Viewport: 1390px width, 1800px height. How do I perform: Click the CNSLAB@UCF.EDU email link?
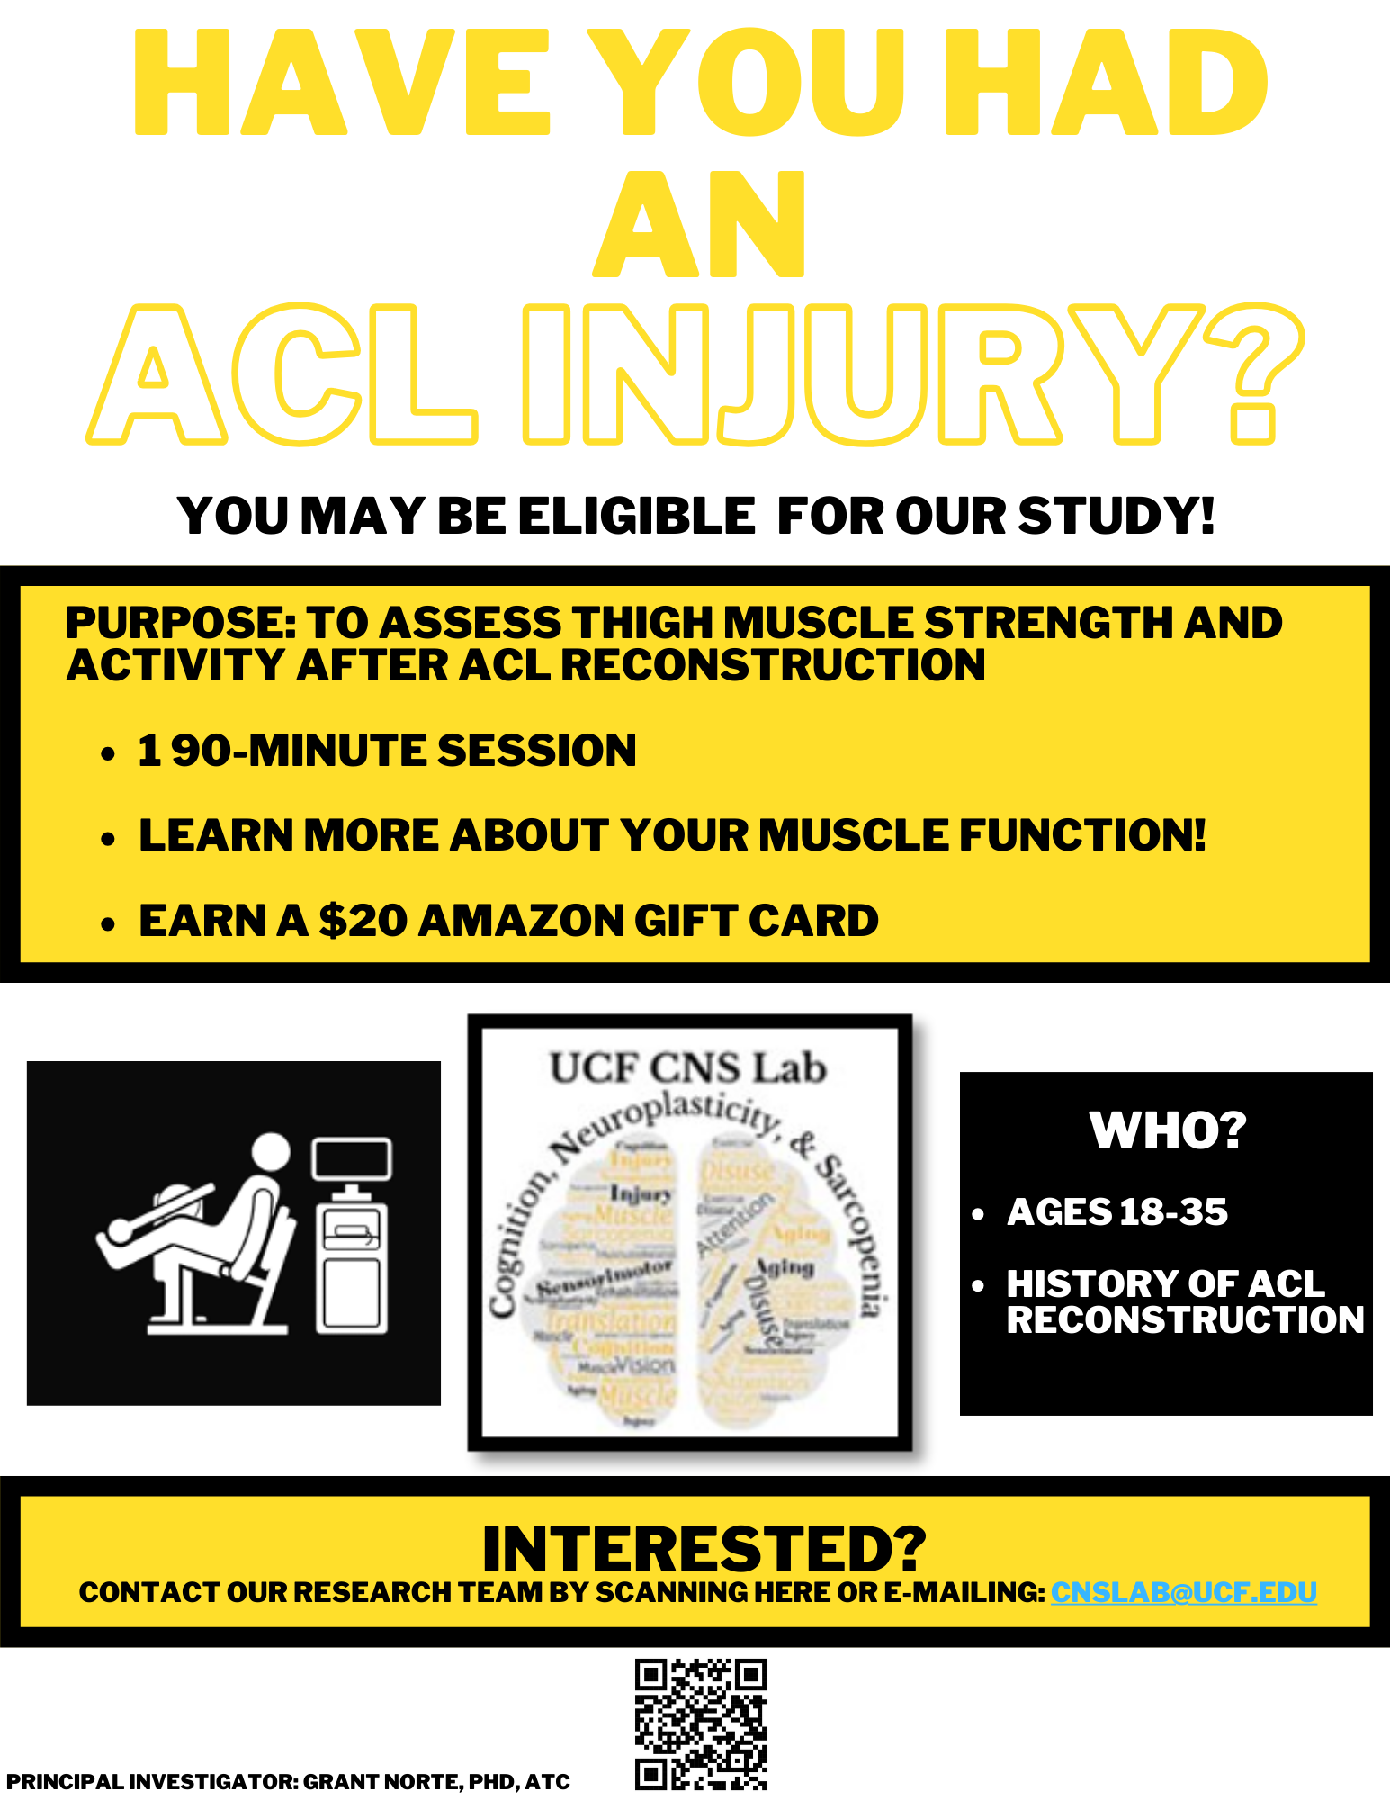click(1183, 1592)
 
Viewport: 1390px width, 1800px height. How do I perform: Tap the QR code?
click(701, 1724)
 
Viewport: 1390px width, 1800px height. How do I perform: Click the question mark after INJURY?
click(1254, 373)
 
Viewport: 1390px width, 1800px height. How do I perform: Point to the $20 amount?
click(363, 921)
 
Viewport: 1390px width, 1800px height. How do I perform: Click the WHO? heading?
click(1167, 1130)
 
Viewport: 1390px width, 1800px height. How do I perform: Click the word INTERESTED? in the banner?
click(704, 1548)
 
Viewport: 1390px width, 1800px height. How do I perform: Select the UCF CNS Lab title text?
click(688, 1068)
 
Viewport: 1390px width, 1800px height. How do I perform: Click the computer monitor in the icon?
click(352, 1160)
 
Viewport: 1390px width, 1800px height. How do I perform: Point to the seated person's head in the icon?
click(270, 1152)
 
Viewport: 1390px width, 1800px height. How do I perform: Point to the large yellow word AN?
click(699, 225)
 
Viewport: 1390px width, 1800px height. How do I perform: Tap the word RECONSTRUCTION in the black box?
click(1185, 1320)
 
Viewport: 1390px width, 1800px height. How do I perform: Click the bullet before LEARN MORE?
click(109, 839)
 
